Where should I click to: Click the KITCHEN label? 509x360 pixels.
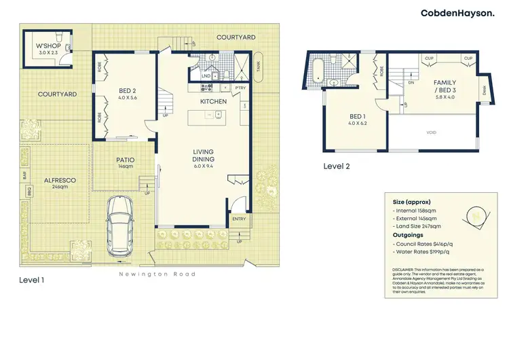tap(212, 101)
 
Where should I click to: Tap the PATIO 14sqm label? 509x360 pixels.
tap(125, 162)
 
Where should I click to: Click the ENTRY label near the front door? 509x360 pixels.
tap(239, 219)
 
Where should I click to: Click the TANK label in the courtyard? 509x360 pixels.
tap(258, 66)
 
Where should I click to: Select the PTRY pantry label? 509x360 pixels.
tap(240, 88)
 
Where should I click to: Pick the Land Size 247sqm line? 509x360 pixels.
tap(420, 226)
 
